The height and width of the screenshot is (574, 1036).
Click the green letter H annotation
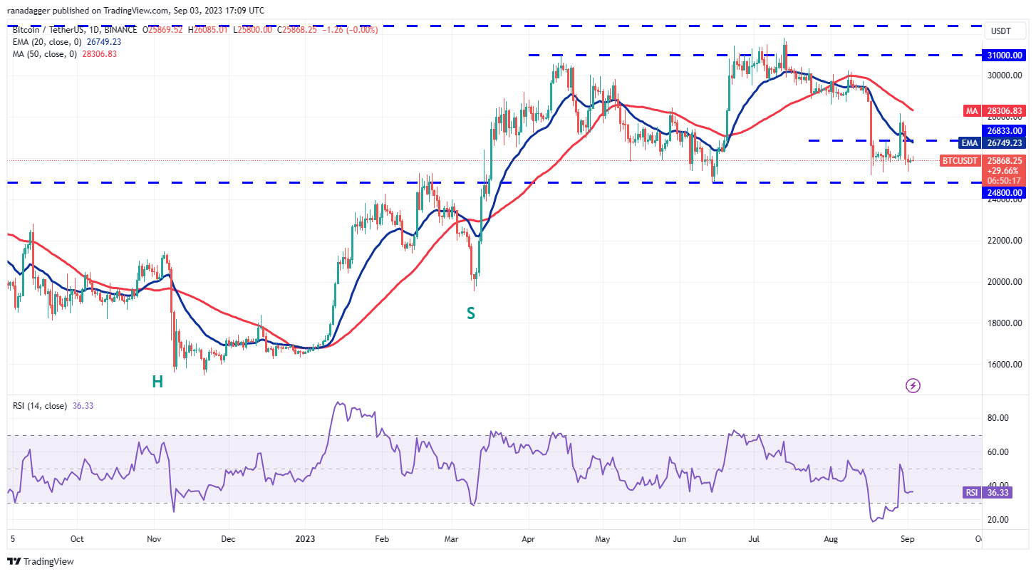tap(157, 382)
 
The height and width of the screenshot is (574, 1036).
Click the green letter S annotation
tap(471, 313)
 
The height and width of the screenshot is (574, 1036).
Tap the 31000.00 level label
tap(1005, 55)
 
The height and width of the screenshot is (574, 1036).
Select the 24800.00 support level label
tap(1005, 192)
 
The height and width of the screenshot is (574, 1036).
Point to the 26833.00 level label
tap(1005, 131)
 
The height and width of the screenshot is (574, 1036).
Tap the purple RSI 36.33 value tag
tap(996, 492)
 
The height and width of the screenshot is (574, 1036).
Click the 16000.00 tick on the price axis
tap(1005, 365)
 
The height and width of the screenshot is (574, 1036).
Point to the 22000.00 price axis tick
tap(1005, 241)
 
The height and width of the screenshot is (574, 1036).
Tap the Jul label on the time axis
tap(755, 540)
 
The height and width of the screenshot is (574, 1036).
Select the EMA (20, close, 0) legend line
tap(68, 41)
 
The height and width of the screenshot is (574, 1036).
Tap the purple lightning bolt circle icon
tap(913, 386)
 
